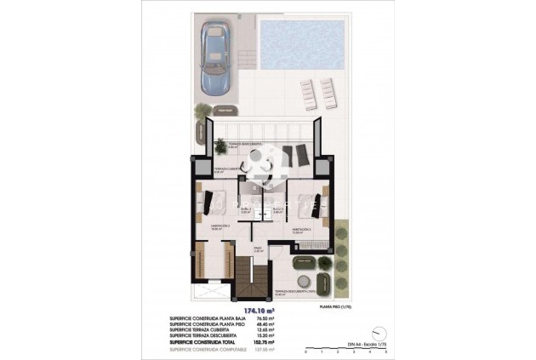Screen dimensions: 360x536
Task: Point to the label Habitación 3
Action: click(300, 229)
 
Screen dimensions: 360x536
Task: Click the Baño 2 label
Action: click(245, 209)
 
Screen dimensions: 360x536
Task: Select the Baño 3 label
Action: click(277, 209)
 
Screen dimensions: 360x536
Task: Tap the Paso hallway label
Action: click(259, 250)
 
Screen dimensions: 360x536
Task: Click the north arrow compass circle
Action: click(376, 334)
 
